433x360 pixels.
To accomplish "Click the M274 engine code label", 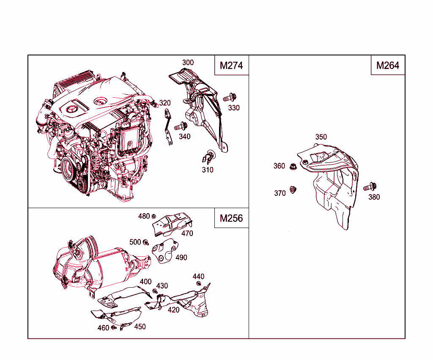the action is coord(231,66).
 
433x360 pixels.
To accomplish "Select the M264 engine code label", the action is coord(388,66).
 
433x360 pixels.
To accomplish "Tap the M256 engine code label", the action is coord(231,218).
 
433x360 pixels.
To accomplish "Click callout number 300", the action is coord(188,63).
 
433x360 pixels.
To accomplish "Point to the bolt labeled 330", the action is coord(230,98).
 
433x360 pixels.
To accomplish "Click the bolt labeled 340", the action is coord(181,126).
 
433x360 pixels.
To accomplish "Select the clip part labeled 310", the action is coord(208,157).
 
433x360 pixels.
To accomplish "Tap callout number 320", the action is coord(165,103).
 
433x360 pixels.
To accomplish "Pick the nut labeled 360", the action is coord(293,167).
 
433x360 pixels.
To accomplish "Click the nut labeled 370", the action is coord(293,190).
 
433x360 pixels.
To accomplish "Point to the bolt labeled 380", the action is coord(370,187).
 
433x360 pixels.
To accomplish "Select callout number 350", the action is coord(321,137).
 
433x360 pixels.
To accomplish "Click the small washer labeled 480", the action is coord(154,216).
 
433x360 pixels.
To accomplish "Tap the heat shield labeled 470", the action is coord(173,224).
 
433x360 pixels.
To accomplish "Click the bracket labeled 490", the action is coord(165,251).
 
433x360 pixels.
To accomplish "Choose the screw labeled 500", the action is coord(146,242).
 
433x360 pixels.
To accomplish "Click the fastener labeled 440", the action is coord(199,283).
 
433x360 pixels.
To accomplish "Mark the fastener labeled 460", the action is coord(113,327).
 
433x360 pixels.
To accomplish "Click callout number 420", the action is coord(173,310).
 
